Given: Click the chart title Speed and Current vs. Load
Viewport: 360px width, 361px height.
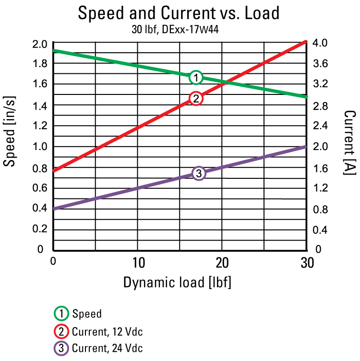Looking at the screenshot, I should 179,13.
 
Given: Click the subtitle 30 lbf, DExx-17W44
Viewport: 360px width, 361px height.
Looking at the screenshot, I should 179,30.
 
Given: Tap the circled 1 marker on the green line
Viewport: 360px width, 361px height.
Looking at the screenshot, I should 196,77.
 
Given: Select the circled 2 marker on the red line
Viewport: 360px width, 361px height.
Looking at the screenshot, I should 196,98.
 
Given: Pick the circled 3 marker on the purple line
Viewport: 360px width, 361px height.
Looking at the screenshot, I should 199,173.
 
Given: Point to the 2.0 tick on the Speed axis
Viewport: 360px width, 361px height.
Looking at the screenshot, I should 40,44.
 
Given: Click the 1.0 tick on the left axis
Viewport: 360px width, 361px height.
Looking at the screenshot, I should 40,147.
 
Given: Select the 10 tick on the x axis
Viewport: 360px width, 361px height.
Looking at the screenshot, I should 138,262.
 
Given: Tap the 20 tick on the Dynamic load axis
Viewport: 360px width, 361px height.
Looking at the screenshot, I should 222,262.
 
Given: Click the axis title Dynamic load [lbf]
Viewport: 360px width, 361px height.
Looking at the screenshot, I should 178,282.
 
